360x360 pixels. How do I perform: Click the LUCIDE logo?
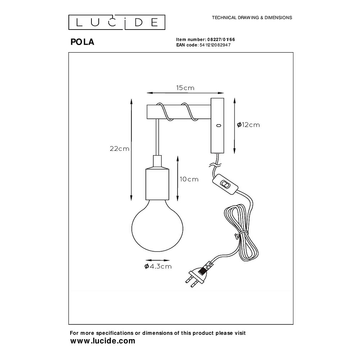point(117,22)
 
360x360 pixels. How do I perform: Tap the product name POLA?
point(82,42)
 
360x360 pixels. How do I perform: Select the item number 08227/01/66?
point(221,40)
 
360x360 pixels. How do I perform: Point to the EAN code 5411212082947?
point(215,45)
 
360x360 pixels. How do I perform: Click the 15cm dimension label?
point(185,88)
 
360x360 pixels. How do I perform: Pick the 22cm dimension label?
point(120,149)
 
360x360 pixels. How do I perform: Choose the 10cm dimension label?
point(189,179)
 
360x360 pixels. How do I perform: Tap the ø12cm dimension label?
point(248,125)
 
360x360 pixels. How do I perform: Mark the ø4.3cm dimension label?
point(158,266)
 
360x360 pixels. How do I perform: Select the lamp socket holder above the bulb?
point(157,177)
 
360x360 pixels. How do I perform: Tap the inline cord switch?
point(225,184)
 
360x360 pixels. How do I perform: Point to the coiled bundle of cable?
point(241,232)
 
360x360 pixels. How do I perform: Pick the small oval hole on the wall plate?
point(219,126)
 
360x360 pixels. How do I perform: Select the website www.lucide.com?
point(103,341)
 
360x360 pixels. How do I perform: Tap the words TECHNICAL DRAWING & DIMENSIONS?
point(252,18)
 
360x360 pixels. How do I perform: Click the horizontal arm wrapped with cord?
point(179,112)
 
